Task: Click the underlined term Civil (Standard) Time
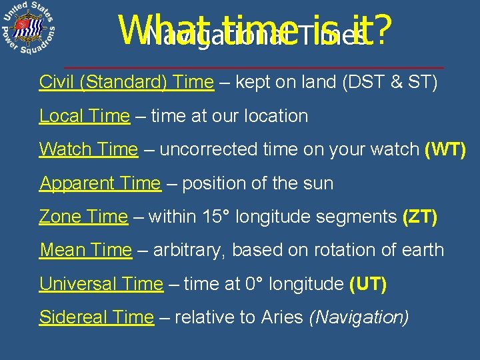point(127,83)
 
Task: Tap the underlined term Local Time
point(84,116)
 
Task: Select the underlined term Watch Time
point(88,149)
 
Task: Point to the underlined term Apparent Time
point(100,183)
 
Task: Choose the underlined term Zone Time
point(83,217)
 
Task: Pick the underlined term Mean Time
point(86,250)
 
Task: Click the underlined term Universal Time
point(101,284)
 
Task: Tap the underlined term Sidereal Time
point(96,317)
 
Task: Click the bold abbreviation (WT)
point(445,149)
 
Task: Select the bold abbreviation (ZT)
point(419,217)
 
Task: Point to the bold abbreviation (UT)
point(368,284)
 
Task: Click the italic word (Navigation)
point(359,317)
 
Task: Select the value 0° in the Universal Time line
point(252,284)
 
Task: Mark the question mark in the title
point(382,29)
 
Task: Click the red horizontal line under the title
point(253,68)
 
